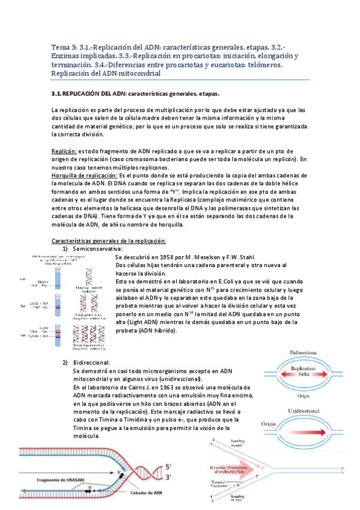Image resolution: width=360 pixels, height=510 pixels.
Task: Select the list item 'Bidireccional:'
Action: (x=91, y=363)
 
